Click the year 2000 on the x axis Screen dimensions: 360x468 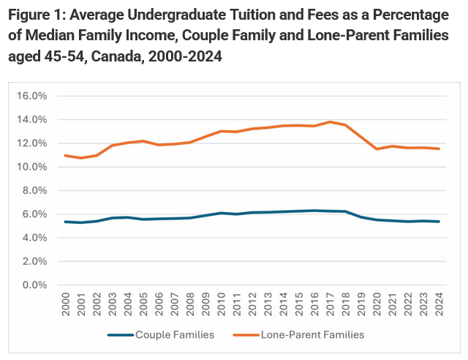pyautogui.click(x=66, y=304)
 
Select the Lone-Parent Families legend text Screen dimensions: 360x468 pyautogui.click(x=312, y=334)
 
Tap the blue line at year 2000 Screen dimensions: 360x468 pyautogui.click(x=66, y=222)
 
